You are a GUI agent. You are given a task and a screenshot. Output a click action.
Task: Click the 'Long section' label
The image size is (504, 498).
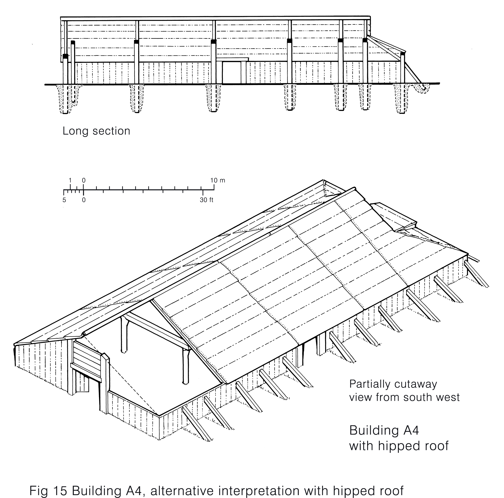click(96, 131)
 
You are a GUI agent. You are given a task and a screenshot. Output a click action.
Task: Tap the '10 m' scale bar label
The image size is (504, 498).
click(218, 180)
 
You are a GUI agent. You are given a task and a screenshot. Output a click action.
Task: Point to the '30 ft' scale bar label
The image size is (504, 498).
click(207, 200)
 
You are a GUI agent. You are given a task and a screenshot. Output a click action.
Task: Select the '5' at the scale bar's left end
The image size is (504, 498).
click(64, 200)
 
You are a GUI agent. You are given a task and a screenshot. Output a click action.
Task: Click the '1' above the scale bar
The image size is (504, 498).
click(70, 180)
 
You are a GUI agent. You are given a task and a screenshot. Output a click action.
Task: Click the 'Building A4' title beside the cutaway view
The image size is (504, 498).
click(384, 431)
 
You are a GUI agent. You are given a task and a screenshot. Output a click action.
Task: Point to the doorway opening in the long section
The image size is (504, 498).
click(232, 73)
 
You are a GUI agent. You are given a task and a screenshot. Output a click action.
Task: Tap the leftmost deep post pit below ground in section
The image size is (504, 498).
click(66, 99)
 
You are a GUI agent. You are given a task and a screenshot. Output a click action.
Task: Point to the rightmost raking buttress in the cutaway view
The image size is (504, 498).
click(476, 274)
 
